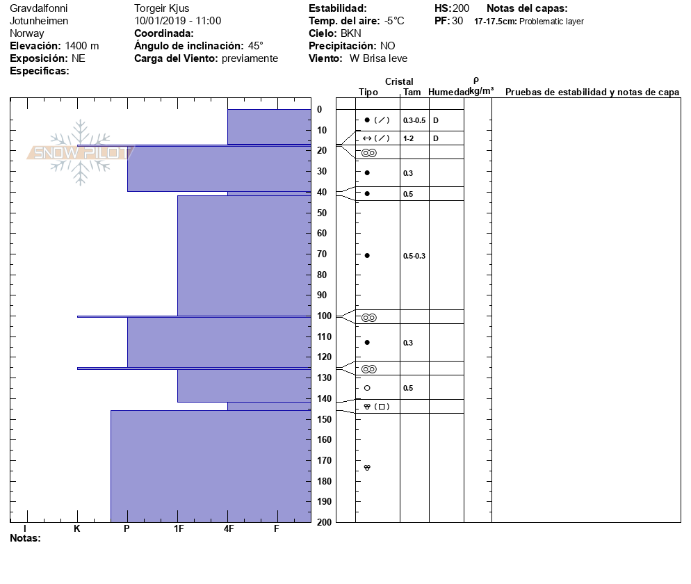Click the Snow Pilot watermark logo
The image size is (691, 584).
[80, 152]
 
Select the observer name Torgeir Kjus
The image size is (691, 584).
[161, 8]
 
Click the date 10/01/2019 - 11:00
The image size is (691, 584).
[178, 21]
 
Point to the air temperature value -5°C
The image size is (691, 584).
[396, 21]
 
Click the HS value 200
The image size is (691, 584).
[461, 8]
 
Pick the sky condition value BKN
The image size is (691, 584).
[351, 33]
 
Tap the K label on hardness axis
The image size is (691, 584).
[77, 529]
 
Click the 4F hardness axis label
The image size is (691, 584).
[229, 529]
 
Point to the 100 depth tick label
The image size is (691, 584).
[324, 316]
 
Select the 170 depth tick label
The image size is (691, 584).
[324, 460]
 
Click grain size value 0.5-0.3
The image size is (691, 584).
[414, 256]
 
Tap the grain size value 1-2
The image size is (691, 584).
[409, 138]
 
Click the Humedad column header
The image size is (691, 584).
[449, 92]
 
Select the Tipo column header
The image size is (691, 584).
[368, 92]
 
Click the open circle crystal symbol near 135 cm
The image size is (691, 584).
[367, 388]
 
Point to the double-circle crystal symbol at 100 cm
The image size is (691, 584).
[368, 318]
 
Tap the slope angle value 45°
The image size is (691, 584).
[256, 46]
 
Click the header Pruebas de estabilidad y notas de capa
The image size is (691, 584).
[592, 92]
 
